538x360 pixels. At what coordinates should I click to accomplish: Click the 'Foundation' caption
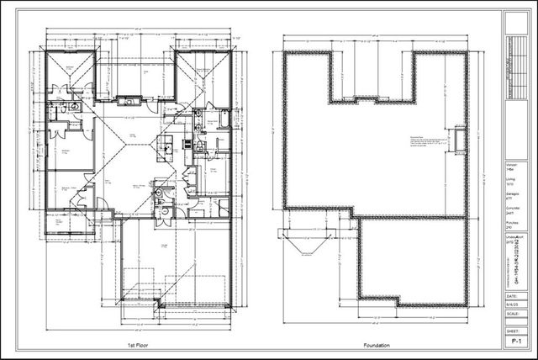click(x=375, y=345)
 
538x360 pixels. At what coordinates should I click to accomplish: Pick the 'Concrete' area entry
click(x=511, y=209)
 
